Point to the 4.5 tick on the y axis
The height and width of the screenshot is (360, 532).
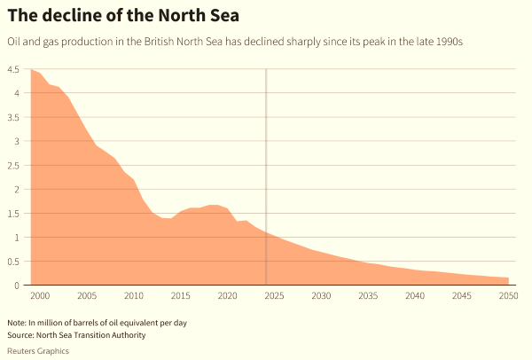[13, 70]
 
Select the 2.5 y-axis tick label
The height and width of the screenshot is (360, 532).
[13, 166]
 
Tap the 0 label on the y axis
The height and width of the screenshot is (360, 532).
[16, 286]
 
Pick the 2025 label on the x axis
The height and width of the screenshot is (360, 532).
[274, 296]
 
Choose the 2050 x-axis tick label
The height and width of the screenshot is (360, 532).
[508, 296]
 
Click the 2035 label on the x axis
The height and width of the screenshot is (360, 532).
[368, 296]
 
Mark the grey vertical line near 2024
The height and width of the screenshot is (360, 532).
[266, 177]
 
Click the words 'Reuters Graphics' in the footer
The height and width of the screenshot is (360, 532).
[38, 350]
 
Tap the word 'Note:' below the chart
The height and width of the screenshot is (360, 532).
[18, 322]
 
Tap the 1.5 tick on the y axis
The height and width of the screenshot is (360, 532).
[13, 214]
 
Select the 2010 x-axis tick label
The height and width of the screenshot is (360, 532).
[134, 296]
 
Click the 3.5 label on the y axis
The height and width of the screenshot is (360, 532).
[13, 118]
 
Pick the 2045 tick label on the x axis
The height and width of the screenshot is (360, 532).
[461, 296]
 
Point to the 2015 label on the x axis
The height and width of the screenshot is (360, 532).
[181, 296]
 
